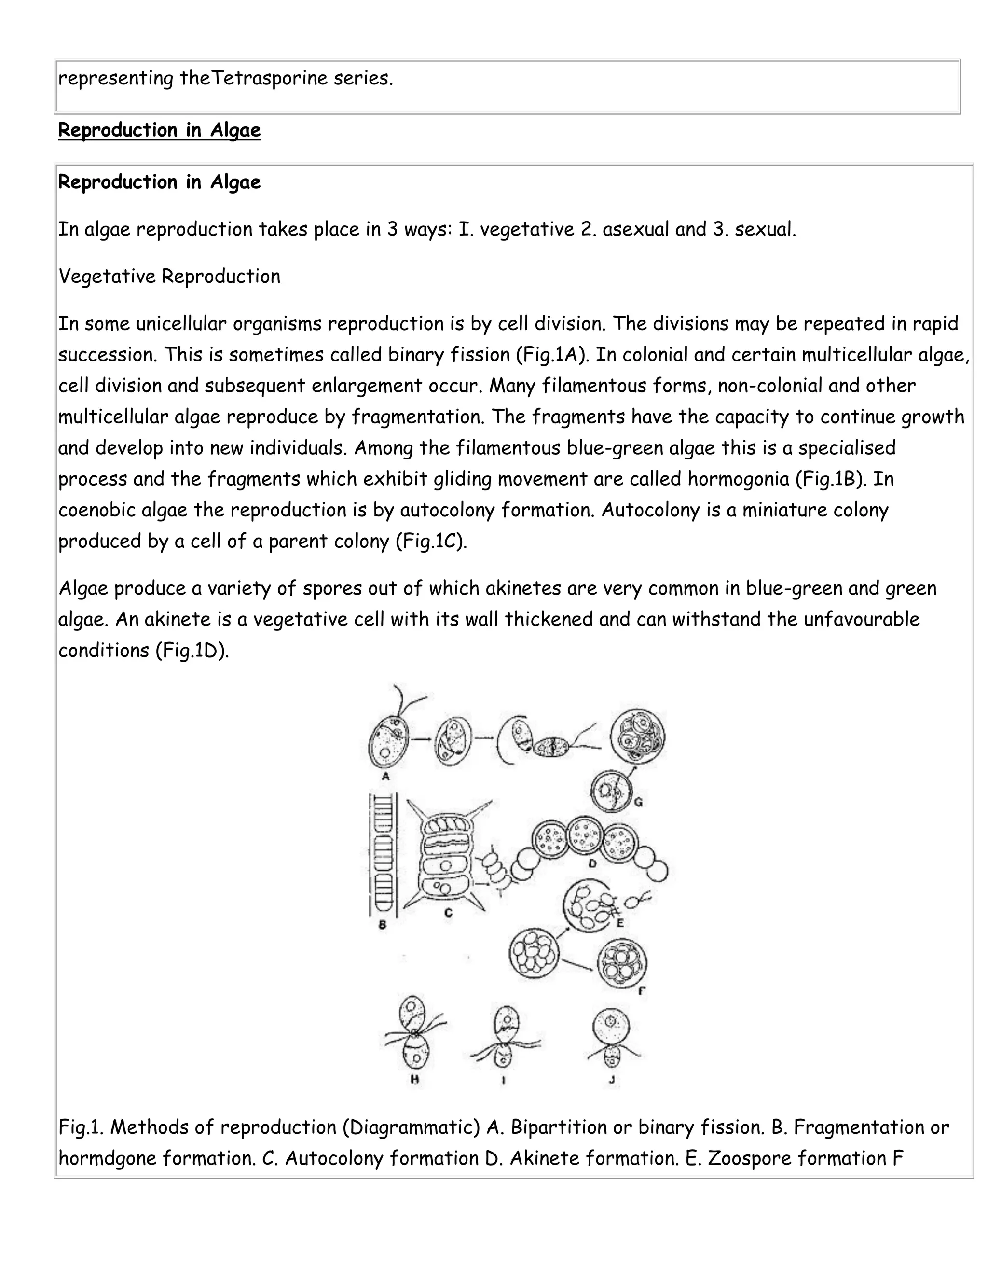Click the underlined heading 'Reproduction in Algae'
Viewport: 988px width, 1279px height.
159,130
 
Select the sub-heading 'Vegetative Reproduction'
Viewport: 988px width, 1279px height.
169,277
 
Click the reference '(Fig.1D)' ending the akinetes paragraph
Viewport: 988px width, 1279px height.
192,650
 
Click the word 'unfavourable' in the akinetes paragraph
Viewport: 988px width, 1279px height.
861,619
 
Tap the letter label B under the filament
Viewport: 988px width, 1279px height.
382,925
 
